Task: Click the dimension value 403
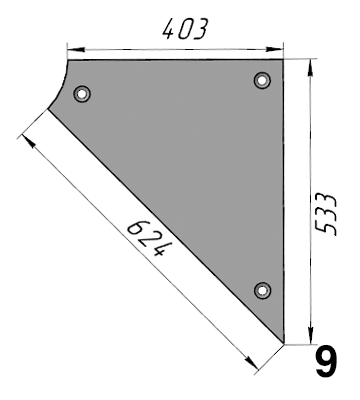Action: (185, 29)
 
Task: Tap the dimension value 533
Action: (326, 214)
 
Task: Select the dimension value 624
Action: (149, 238)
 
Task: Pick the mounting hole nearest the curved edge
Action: (82, 94)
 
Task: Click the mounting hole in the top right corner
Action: (262, 80)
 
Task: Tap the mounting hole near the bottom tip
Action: (262, 290)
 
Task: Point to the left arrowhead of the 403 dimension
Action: (75, 50)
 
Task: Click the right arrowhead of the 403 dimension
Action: (274, 50)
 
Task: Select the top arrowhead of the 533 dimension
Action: (311, 68)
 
